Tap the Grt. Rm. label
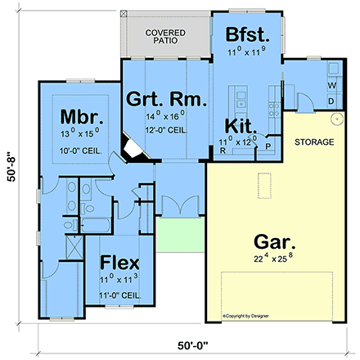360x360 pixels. tap(166, 99)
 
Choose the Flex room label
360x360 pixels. tap(119, 263)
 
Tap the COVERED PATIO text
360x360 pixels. tap(165, 37)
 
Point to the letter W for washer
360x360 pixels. tap(331, 86)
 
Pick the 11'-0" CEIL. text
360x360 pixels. tap(119, 294)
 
